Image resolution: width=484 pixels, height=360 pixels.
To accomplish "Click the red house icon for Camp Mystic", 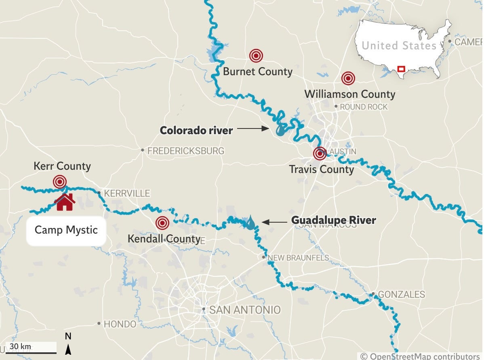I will [65, 202].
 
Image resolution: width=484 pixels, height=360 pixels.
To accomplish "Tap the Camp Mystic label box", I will [66, 230].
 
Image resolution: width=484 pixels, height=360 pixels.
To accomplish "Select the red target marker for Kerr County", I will [60, 182].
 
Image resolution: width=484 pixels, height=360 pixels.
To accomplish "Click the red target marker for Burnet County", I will [256, 56].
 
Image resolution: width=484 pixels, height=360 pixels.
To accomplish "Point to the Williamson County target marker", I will [348, 78].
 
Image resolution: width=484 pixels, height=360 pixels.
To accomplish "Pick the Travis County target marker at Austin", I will [320, 154].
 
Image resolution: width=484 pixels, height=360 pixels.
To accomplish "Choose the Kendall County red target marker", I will [162, 223].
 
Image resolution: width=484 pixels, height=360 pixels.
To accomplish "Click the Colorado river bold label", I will [196, 131].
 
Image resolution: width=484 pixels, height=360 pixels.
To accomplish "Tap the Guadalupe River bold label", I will [334, 221].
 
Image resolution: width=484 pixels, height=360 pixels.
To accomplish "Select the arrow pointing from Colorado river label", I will [253, 129].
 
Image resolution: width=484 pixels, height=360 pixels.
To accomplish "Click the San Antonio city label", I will [244, 310].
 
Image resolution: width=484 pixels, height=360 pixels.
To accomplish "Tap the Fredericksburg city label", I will [185, 151].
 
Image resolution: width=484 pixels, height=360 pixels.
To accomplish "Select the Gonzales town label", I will [401, 295].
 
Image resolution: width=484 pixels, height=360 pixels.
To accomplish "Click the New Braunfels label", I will [298, 258].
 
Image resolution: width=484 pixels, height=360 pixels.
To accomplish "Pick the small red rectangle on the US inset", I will [401, 69].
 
